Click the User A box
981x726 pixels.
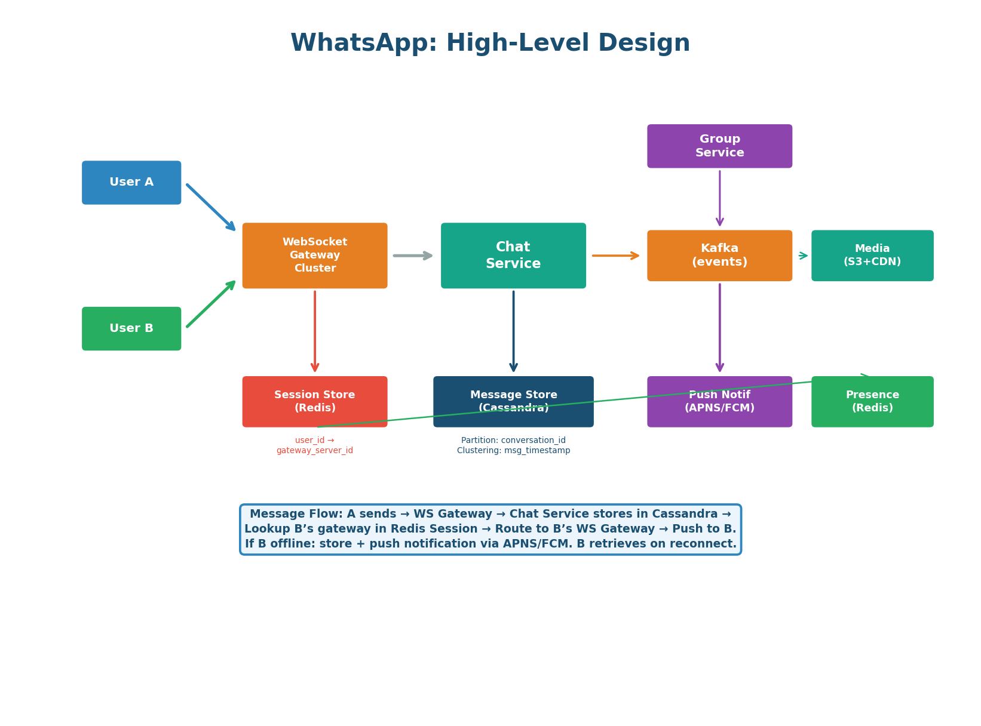tap(131, 183)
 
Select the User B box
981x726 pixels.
tap(131, 328)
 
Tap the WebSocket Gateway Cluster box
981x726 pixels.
tap(315, 256)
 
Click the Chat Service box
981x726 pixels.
tap(513, 256)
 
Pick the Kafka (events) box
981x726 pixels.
tap(719, 256)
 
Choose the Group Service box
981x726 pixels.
tap(719, 146)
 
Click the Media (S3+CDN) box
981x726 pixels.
tap(872, 256)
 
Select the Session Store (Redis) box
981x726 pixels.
tap(315, 401)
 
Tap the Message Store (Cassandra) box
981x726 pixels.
tap(513, 394)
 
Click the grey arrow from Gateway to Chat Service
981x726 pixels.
tap(412, 256)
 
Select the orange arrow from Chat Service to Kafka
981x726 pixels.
tap(615, 256)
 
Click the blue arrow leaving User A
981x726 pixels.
tap(210, 207)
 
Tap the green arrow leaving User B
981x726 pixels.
tap(210, 304)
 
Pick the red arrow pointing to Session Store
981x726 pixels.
tap(315, 331)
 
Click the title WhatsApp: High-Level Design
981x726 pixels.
tap(490, 44)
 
